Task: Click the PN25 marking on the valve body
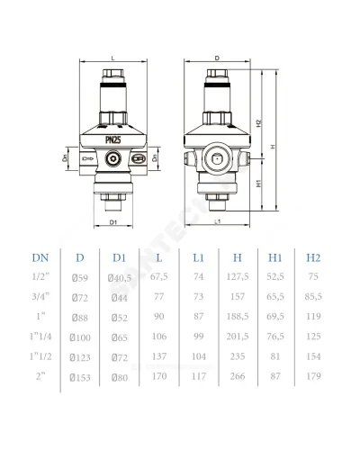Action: tap(113, 139)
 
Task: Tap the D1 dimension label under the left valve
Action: tap(112, 222)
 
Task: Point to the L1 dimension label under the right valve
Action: tap(218, 222)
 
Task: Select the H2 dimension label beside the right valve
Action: tap(259, 123)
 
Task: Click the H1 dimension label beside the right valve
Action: tap(259, 184)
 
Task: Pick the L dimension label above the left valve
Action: tap(113, 58)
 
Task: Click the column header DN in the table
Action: tap(40, 257)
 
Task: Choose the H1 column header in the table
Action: tap(274, 257)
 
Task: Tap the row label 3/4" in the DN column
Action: tap(40, 296)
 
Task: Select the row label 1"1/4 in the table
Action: tap(40, 337)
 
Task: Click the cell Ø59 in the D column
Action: tap(80, 278)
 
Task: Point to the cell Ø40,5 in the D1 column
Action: tap(120, 278)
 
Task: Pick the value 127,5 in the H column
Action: tap(238, 276)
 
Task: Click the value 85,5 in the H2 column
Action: tap(313, 296)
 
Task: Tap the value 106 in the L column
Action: tap(159, 337)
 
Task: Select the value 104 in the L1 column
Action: tap(199, 356)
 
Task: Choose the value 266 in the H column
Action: tap(238, 376)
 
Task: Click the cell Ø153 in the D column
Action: tap(80, 378)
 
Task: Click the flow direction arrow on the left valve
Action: tap(88, 158)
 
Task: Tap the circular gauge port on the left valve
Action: tap(113, 158)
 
